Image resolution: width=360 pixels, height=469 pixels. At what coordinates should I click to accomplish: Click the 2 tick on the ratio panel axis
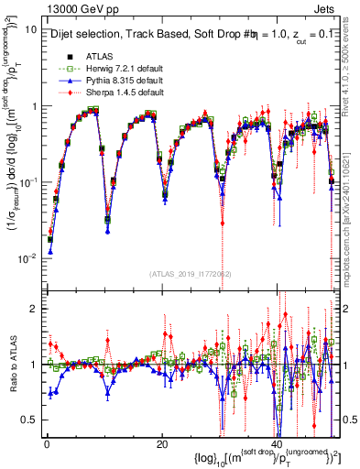33,308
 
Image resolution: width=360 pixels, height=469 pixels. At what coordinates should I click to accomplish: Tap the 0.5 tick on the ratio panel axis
29,420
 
